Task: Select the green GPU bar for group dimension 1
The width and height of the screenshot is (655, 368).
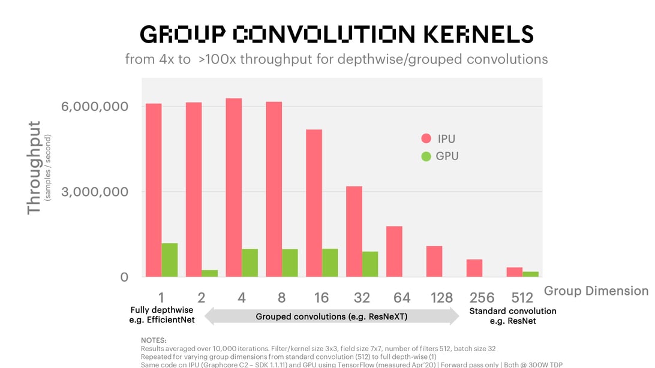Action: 170,260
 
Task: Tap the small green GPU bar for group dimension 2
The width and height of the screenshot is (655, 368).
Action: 210,273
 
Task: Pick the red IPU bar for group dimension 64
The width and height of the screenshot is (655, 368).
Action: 394,252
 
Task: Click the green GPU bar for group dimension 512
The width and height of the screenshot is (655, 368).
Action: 531,274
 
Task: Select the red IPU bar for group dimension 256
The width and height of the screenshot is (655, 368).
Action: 474,268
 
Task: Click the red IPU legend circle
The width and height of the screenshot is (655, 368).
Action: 426,139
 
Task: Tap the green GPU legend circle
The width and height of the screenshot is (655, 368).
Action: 426,156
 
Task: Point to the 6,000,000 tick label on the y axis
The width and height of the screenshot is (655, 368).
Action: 95,107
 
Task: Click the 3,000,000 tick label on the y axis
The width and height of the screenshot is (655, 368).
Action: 95,192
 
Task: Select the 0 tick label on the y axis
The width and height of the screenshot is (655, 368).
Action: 124,277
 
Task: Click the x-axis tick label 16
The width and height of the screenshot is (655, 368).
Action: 322,297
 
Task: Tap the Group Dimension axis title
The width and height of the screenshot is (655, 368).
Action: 596,291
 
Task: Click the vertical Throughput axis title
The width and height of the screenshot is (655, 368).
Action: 34,168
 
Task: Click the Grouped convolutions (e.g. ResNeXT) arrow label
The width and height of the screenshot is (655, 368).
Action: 332,316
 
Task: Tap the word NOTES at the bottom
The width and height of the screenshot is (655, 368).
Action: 154,340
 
